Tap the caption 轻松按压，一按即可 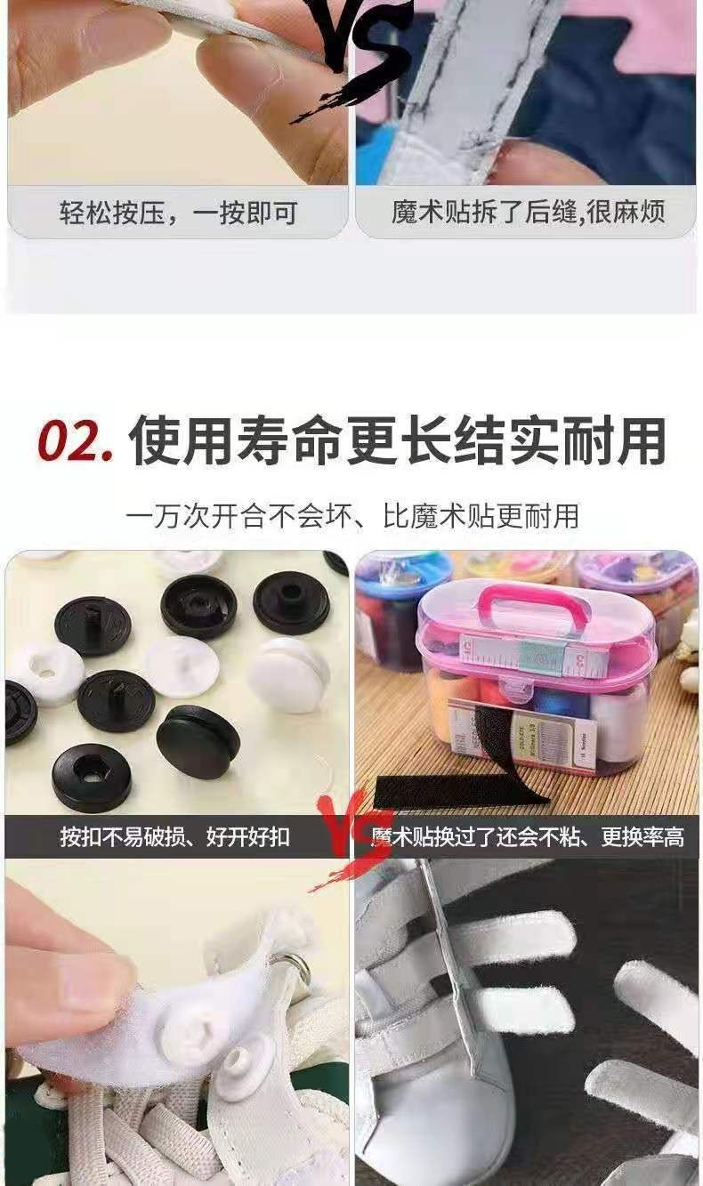(178, 214)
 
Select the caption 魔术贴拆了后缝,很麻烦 (528, 213)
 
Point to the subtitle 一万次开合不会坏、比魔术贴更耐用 (351, 516)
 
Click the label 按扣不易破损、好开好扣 (175, 837)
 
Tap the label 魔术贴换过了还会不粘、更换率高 (527, 837)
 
